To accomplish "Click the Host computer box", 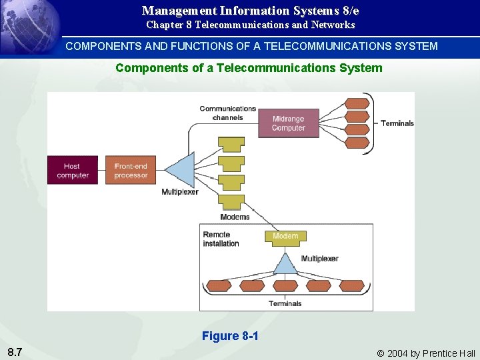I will click(x=72, y=171).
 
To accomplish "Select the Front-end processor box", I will click(x=131, y=171).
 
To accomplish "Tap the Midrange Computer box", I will click(x=288, y=123).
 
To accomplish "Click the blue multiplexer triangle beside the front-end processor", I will click(x=181, y=171).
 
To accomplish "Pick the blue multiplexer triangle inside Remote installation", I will click(x=285, y=264).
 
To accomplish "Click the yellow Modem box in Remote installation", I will click(x=285, y=236).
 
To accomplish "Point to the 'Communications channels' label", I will click(x=227, y=113).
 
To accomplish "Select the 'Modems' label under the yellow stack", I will click(x=235, y=217).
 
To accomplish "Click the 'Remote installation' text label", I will click(x=221, y=239).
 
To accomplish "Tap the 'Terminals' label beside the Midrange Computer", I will click(x=397, y=123).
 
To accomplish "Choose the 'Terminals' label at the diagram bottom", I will click(x=285, y=303).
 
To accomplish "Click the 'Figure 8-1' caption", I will click(x=230, y=336).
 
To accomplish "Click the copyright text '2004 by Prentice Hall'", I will click(x=431, y=353).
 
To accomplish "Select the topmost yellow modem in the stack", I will click(x=231, y=145).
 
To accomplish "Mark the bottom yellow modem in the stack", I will click(x=231, y=201).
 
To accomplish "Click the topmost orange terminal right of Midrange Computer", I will click(x=357, y=103).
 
